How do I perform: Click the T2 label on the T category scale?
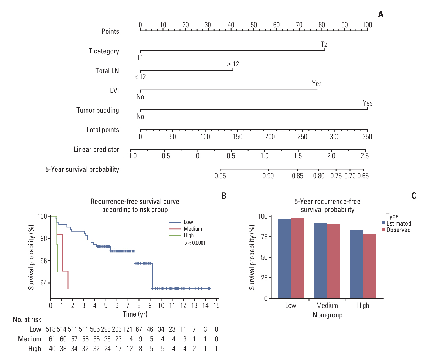click(324, 44)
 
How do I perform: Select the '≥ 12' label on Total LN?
click(233, 64)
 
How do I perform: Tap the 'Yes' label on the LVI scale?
click(317, 83)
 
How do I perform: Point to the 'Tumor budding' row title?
click(97, 110)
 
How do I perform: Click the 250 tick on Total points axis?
click(302, 137)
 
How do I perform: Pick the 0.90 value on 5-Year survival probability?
click(268, 176)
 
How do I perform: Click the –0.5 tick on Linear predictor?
click(164, 156)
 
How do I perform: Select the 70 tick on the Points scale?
click(299, 25)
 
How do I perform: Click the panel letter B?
click(224, 196)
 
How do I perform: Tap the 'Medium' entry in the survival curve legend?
click(193, 229)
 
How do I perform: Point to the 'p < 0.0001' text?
click(195, 243)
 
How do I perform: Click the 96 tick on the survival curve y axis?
click(44, 261)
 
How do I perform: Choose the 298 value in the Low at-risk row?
click(106, 329)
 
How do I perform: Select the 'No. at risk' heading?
click(27, 320)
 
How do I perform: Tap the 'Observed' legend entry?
click(398, 230)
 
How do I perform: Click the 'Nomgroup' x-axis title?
click(327, 315)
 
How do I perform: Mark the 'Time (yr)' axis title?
click(135, 314)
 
